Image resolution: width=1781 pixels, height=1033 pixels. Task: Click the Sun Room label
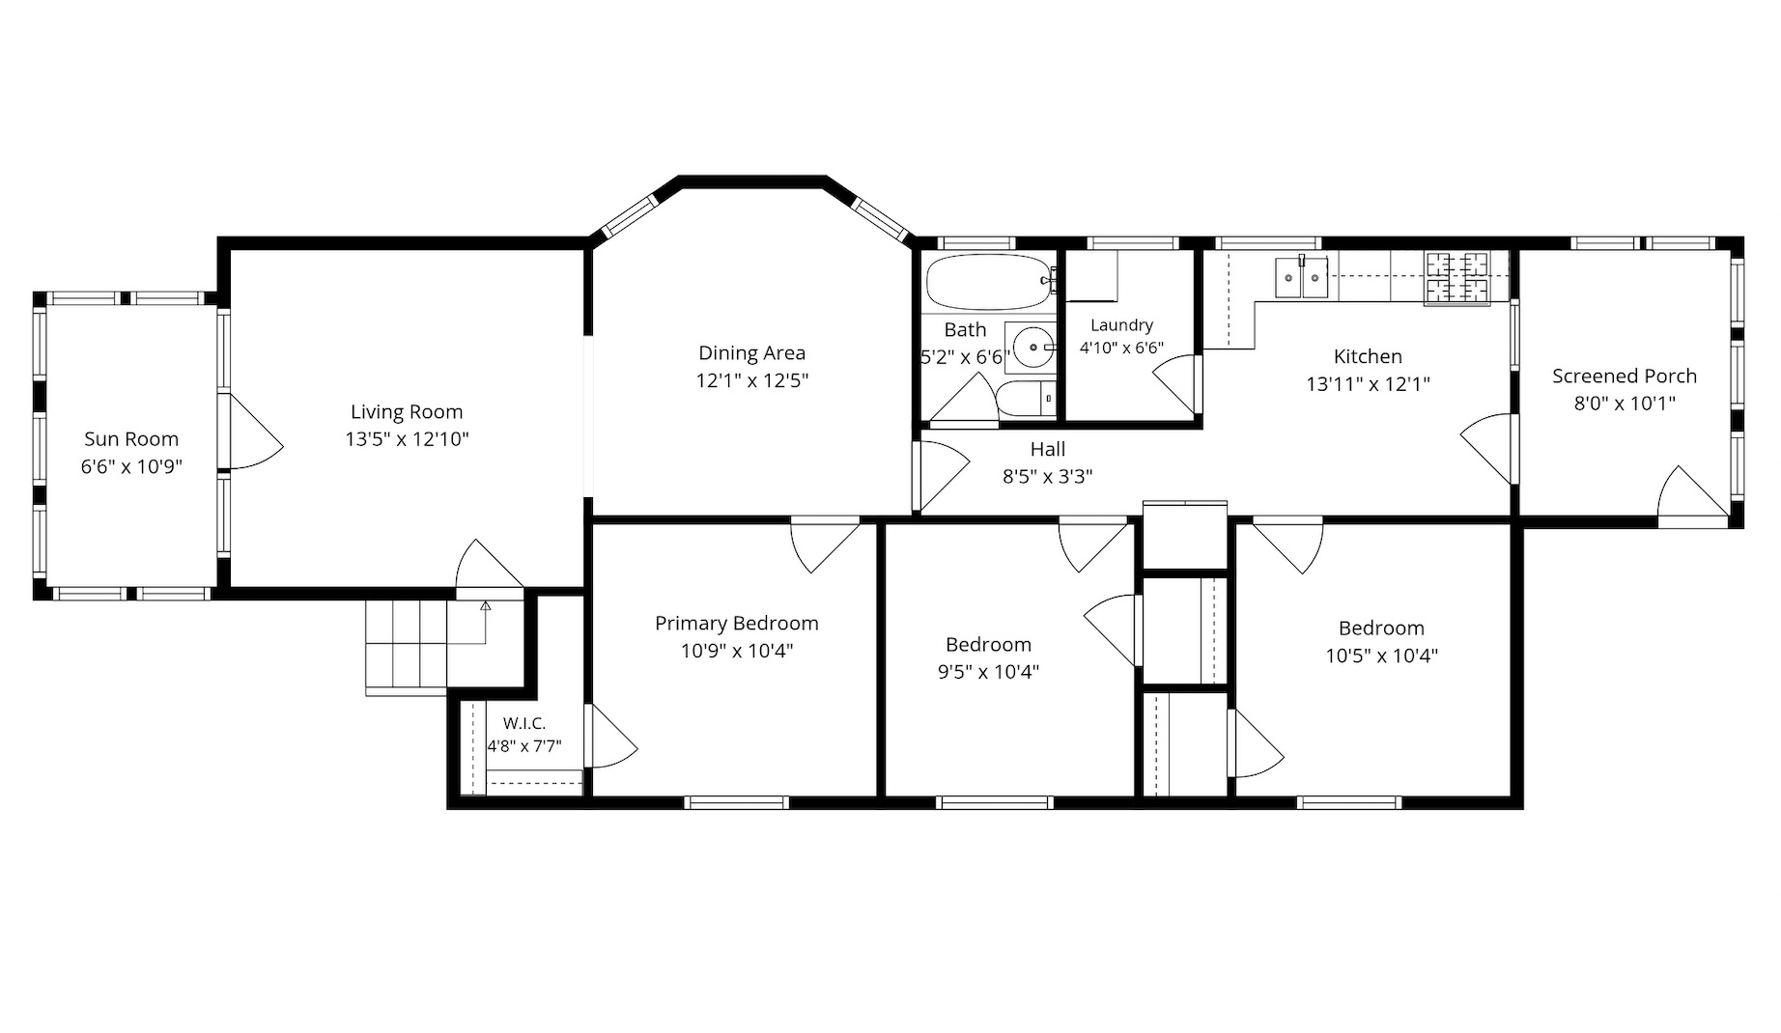click(131, 439)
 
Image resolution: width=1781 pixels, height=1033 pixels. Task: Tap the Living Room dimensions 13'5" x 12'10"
click(408, 439)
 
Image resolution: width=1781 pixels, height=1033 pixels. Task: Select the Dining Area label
click(751, 353)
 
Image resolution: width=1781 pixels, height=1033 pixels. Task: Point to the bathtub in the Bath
click(988, 281)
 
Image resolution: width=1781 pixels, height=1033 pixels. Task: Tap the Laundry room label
click(1121, 325)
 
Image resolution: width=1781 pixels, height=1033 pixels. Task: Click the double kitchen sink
click(1301, 278)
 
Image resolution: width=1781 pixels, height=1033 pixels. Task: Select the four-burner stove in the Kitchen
click(1457, 278)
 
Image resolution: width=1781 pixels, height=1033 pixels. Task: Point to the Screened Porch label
click(1625, 377)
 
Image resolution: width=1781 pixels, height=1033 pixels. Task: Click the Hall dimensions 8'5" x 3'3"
click(1048, 476)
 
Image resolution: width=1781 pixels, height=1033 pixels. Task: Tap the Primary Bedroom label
click(737, 624)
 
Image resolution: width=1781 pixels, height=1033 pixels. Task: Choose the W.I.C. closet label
click(524, 723)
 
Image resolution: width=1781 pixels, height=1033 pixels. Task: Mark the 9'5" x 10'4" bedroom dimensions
click(988, 672)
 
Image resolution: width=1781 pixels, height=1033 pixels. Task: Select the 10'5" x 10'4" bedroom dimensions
click(1381, 656)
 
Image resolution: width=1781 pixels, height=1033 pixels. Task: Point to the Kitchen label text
click(1368, 356)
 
